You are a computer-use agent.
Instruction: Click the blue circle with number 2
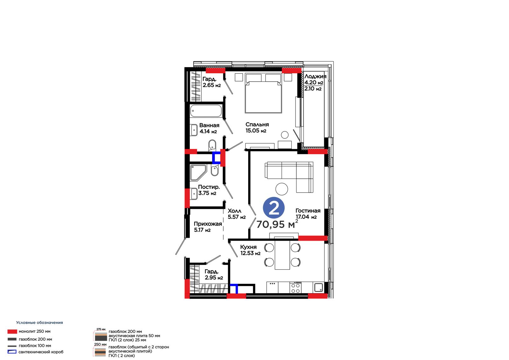(274, 208)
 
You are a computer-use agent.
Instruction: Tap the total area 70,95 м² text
(277, 224)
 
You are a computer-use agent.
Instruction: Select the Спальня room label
(257, 124)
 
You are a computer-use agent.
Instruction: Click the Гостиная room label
(308, 211)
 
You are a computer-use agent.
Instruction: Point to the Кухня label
(248, 247)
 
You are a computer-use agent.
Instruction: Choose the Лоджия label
(315, 76)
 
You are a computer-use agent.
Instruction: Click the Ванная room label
(209, 125)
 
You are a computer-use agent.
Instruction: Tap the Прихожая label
(208, 224)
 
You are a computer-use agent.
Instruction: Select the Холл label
(234, 211)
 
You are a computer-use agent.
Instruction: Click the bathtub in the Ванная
(206, 111)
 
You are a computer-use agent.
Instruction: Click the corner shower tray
(199, 173)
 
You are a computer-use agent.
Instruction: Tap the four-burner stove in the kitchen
(296, 288)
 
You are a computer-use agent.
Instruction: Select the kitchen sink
(318, 288)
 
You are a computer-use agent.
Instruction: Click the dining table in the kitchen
(282, 255)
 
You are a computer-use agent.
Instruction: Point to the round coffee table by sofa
(282, 189)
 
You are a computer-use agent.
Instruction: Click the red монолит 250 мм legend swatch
(12, 331)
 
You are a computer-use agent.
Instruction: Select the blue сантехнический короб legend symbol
(12, 352)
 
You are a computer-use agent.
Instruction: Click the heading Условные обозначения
(39, 322)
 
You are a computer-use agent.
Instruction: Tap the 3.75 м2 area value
(207, 193)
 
